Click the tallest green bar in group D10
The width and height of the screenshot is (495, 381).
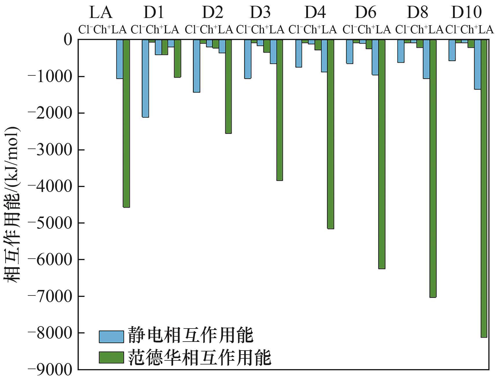click(484, 188)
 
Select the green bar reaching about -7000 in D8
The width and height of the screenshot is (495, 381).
click(433, 168)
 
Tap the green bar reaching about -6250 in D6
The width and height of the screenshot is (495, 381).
click(382, 154)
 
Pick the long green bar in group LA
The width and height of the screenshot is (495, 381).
click(126, 123)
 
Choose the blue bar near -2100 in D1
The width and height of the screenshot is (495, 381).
click(145, 78)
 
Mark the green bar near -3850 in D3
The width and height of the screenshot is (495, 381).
click(280, 110)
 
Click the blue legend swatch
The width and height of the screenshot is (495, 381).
click(111, 336)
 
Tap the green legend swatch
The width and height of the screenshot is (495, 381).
click(111, 358)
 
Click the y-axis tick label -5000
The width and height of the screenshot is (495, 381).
click(50, 223)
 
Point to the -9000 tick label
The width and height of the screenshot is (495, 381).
click(50, 370)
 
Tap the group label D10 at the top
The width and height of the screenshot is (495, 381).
click(466, 12)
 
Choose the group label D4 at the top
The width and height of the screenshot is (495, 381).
click(315, 12)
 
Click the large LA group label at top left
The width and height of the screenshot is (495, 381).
click(100, 12)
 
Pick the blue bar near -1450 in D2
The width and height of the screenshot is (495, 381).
click(197, 66)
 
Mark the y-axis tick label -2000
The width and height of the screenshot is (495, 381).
click(50, 113)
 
